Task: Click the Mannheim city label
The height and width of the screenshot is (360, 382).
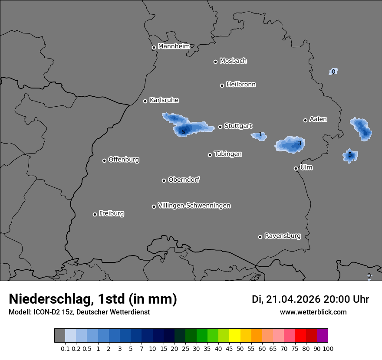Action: coord(174,46)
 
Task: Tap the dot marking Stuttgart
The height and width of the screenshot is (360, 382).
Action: coord(221,127)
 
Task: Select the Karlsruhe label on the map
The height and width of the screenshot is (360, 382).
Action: coord(164,100)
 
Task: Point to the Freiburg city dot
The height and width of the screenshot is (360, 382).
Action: coord(95,214)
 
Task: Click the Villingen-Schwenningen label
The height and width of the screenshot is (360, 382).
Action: coord(194,206)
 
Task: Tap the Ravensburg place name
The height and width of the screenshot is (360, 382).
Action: coord(283,236)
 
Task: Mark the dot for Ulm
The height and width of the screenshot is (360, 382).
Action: coord(296,168)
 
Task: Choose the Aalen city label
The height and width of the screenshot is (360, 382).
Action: coord(318,119)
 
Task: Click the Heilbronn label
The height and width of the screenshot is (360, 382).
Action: coord(241,85)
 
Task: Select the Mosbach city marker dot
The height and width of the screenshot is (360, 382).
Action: coord(215,62)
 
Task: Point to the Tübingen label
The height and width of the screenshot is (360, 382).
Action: coord(228,154)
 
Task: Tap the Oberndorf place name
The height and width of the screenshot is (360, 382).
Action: coord(184,180)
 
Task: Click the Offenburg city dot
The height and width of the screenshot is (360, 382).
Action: coord(104,160)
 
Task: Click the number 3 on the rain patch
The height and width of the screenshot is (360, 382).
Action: coord(299,143)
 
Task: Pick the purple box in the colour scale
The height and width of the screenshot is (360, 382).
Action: coord(322,336)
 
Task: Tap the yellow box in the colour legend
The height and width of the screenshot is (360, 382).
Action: coord(234,336)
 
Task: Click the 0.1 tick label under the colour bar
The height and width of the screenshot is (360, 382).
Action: coord(65,348)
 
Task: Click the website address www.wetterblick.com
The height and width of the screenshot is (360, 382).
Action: coord(313,312)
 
